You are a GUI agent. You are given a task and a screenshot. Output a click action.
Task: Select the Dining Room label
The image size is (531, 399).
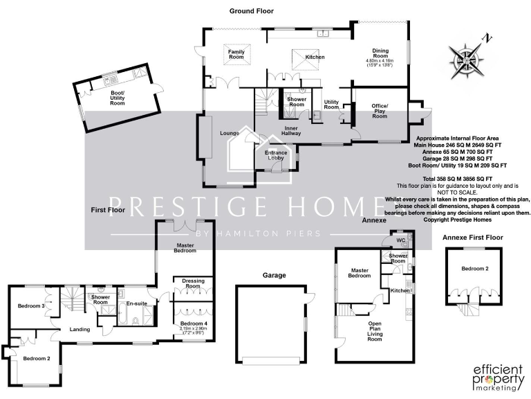click(x=380, y=54)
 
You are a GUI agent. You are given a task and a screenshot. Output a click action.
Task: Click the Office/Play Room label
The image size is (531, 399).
click(x=380, y=111)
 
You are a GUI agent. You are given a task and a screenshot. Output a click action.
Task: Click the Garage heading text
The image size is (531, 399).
click(x=274, y=275)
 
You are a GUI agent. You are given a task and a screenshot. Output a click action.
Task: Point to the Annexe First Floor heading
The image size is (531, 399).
click(x=473, y=238)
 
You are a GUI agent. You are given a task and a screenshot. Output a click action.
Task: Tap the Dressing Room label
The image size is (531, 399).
click(x=192, y=283)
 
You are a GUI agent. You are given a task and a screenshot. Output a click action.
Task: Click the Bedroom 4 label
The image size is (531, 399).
click(x=193, y=323)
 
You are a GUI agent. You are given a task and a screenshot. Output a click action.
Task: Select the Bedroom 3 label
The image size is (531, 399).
click(x=31, y=306)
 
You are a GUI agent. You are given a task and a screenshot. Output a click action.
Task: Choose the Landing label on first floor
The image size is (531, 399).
click(x=80, y=329)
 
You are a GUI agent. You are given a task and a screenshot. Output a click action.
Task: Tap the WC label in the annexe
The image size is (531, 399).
click(x=400, y=240)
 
